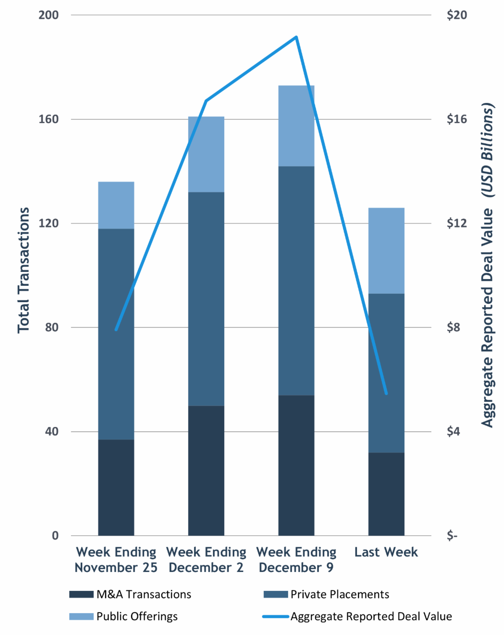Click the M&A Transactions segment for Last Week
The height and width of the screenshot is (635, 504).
(386, 494)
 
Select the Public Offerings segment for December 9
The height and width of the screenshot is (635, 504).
(296, 126)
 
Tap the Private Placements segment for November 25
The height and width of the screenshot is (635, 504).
(116, 334)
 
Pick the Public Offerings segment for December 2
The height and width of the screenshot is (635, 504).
(206, 154)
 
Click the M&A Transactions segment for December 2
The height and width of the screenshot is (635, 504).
(206, 470)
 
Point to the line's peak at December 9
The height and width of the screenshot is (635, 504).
(296, 37)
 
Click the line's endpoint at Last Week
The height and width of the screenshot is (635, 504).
(386, 394)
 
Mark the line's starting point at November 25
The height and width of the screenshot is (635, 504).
(116, 330)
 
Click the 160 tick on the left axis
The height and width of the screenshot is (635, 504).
(48, 119)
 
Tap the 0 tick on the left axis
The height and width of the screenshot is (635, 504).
(55, 536)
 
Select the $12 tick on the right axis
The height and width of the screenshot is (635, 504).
(457, 223)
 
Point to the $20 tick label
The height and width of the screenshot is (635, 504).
(457, 15)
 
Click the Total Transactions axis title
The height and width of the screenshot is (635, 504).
(24, 270)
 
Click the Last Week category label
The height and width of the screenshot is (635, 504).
(386, 552)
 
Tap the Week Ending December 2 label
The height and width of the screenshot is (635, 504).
(206, 560)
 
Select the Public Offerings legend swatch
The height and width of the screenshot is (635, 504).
(81, 617)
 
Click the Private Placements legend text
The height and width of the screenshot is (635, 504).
(340, 594)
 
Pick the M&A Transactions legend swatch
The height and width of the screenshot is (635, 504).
(81, 594)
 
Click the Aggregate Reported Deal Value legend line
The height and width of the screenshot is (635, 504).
(276, 617)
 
